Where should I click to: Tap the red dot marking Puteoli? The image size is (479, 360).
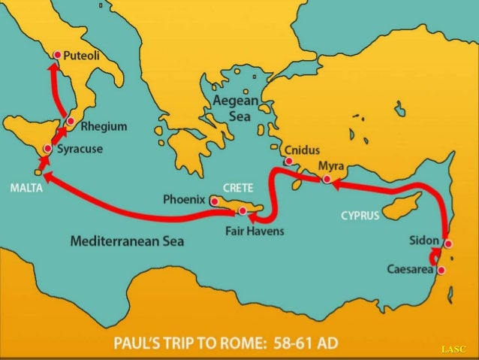(57, 55)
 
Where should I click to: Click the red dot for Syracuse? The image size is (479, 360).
(47, 149)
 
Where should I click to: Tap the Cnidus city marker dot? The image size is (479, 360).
(289, 161)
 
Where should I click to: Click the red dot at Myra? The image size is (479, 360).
(327, 180)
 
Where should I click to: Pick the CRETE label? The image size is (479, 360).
(238, 186)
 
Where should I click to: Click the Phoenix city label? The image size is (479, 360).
(184, 199)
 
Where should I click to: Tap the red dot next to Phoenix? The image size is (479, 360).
(214, 201)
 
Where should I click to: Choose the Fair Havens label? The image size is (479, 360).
(255, 231)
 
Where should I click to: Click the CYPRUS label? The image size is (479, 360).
(360, 216)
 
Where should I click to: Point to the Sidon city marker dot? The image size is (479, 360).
(447, 244)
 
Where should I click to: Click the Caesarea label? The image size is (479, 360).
(411, 269)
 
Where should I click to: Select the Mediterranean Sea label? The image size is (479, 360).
(127, 242)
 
